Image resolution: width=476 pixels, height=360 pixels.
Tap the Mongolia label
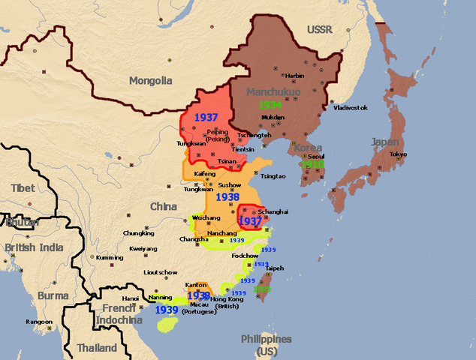coord(151,80)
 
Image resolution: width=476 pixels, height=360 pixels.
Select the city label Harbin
coord(294,75)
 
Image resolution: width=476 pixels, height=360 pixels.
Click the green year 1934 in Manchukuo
coord(271,105)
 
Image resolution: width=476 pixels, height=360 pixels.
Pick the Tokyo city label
coord(398,154)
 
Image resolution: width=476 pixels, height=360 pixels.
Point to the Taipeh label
coord(275,268)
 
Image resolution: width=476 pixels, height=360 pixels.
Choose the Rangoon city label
coord(39,322)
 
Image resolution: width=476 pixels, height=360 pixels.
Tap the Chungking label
coord(138,233)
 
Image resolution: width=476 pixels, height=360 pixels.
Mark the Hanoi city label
coord(131,298)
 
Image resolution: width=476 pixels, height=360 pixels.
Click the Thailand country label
coord(97,348)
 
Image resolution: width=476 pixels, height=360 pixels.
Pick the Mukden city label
coord(273,118)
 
